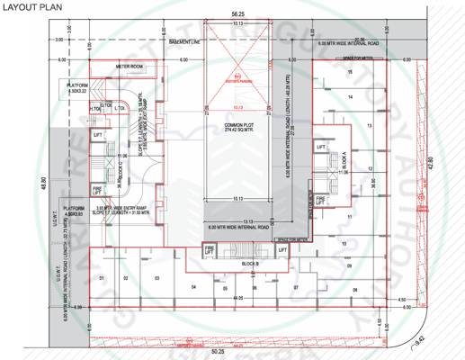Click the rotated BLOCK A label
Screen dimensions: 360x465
click(342, 162)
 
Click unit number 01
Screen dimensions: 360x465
click(102, 278)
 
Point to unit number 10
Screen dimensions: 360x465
click(343, 244)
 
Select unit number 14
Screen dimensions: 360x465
click(370, 101)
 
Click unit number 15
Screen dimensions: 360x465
click(370, 77)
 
